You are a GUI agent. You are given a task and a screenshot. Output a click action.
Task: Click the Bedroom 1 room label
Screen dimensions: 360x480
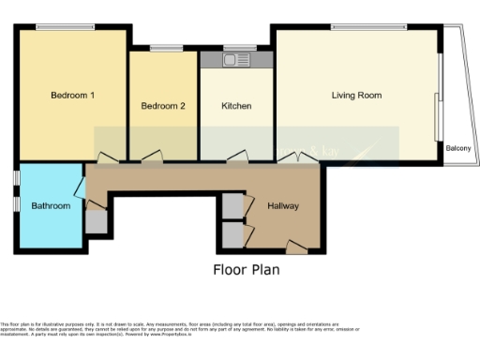tap(72, 96)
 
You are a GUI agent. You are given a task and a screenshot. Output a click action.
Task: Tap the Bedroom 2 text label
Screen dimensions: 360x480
tap(163, 106)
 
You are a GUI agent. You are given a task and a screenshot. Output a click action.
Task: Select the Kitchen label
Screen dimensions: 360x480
tap(236, 106)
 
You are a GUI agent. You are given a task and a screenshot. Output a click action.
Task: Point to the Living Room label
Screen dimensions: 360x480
tap(356, 95)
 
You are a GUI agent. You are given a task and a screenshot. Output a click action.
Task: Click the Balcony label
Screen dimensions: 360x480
tap(457, 148)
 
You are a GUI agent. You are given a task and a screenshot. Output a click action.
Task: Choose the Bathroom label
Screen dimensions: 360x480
tap(51, 205)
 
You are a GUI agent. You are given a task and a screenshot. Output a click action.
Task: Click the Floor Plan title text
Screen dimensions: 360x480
tap(247, 270)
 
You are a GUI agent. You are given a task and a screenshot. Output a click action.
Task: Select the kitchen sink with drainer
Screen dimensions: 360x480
tap(236, 60)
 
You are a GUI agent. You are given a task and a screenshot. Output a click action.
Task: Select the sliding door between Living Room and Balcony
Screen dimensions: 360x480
tap(437, 116)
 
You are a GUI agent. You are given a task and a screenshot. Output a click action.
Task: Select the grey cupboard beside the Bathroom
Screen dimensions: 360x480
tap(97, 221)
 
